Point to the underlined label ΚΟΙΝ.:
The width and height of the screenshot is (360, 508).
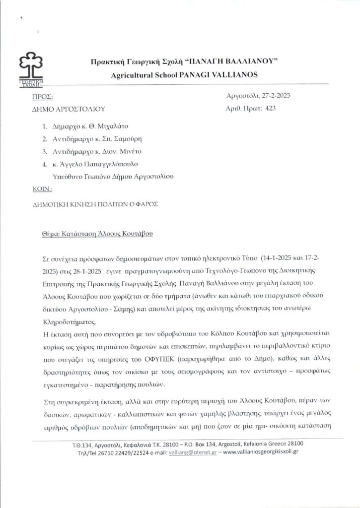point(41,190)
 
